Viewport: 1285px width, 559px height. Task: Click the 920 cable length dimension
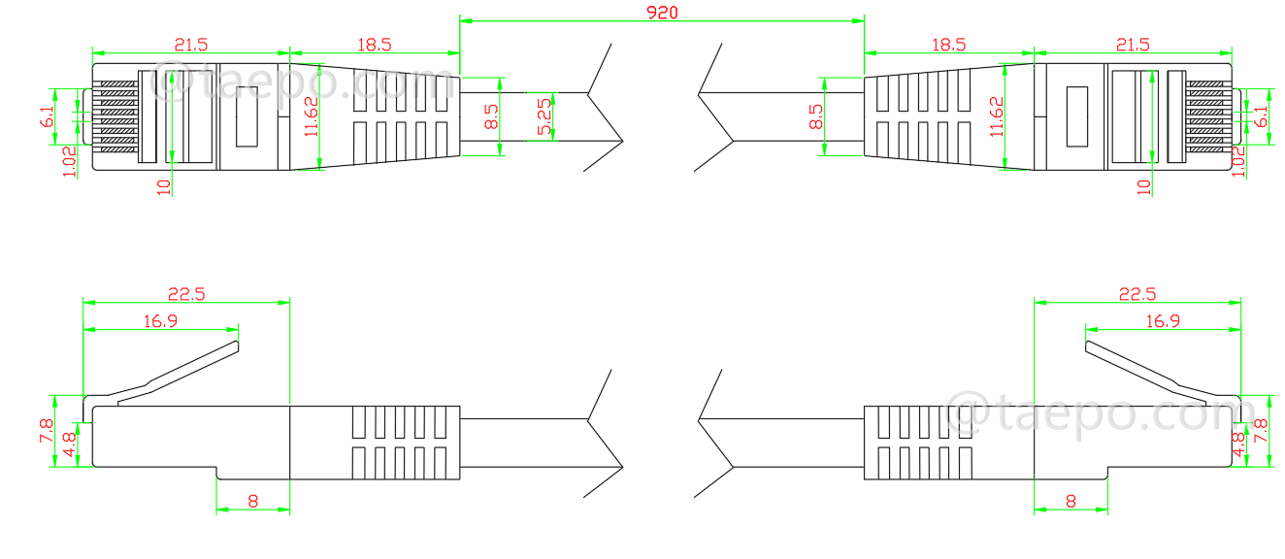pyautogui.click(x=661, y=12)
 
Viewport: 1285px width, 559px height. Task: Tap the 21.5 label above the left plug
pyautogui.click(x=190, y=45)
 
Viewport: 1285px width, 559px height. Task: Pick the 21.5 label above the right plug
pyautogui.click(x=1133, y=45)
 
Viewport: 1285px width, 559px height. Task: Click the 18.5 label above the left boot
pyautogui.click(x=374, y=45)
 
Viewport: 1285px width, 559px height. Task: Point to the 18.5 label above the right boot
pyautogui.click(x=948, y=45)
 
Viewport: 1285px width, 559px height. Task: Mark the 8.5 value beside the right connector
pyautogui.click(x=816, y=117)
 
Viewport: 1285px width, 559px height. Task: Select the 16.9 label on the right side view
pyautogui.click(x=1163, y=320)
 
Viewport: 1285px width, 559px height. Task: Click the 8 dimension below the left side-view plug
pyautogui.click(x=252, y=502)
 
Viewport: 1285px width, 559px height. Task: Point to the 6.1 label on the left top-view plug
pyautogui.click(x=47, y=117)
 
